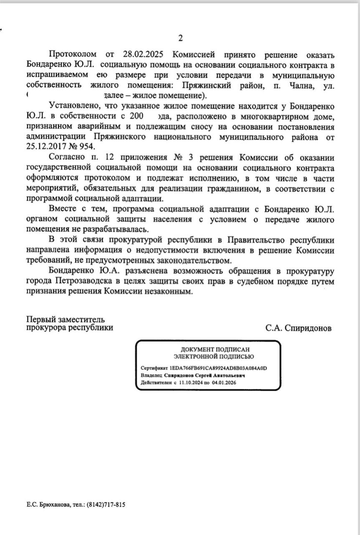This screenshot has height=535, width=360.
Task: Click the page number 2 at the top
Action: [180, 38]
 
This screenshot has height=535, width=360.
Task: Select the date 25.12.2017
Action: [45, 147]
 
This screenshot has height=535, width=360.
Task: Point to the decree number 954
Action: [88, 147]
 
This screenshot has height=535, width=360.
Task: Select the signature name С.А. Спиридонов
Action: [298, 328]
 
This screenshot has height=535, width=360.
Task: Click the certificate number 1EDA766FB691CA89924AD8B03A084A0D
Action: [218, 368]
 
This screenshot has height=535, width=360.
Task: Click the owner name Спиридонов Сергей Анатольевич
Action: [205, 375]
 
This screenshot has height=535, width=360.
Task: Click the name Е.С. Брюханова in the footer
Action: [45, 504]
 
